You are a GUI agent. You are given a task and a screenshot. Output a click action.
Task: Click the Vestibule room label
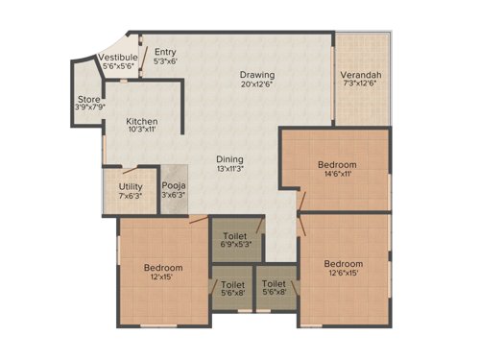pyautogui.click(x=119, y=59)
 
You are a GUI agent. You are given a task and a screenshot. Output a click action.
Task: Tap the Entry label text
pyautogui.click(x=165, y=52)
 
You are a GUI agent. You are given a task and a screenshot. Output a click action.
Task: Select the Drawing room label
pyautogui.click(x=257, y=75)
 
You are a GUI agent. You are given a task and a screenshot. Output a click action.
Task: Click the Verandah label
pyautogui.click(x=362, y=75)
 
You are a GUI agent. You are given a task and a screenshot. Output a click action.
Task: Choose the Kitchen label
pyautogui.click(x=142, y=122)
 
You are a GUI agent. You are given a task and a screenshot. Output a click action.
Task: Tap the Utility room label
pyautogui.click(x=131, y=186)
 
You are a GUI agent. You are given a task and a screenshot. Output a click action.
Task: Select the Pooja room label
pyautogui.click(x=174, y=186)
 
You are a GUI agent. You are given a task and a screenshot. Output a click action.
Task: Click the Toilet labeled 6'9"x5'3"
pyautogui.click(x=235, y=235)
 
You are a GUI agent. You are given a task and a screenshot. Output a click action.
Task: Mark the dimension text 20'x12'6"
pyautogui.click(x=257, y=86)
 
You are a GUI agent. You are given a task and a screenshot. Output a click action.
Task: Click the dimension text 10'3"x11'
pyautogui.click(x=142, y=133)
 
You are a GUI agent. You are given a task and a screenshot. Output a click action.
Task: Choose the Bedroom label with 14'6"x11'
pyautogui.click(x=337, y=165)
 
